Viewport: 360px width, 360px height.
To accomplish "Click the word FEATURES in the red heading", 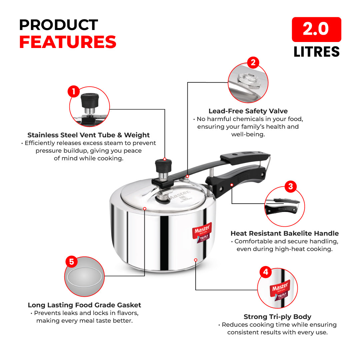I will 68,42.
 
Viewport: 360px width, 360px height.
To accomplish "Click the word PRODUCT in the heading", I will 58,25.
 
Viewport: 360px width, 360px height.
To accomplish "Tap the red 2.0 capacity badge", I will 316,29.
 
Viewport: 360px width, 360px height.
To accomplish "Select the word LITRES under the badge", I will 316,52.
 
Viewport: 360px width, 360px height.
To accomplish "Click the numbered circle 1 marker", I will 73,91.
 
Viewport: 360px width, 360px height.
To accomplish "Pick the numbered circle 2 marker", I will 253,62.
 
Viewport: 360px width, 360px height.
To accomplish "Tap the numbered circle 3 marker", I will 290,186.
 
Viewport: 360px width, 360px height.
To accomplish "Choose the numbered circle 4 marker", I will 265,272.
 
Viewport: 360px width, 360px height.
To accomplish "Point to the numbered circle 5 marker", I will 71,262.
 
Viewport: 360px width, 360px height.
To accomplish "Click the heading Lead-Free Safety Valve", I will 248,111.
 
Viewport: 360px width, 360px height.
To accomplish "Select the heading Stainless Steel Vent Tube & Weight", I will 89,135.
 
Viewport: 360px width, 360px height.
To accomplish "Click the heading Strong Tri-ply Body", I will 277,317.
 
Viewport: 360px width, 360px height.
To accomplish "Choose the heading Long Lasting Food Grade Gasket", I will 84,305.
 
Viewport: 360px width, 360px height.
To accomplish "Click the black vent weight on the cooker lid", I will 163,165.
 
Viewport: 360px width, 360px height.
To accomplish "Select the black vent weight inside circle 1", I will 88,100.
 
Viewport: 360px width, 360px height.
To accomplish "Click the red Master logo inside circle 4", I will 280,287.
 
